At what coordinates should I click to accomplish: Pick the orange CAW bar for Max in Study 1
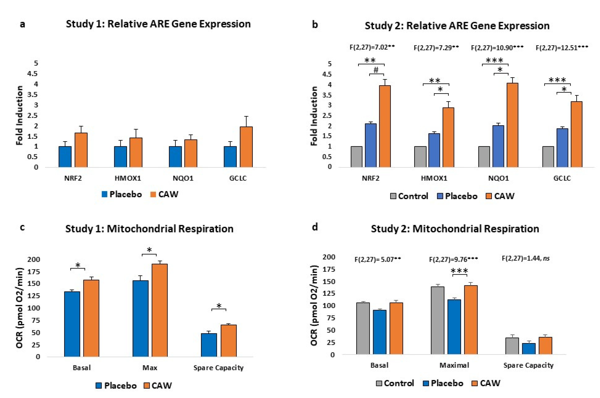tap(160, 310)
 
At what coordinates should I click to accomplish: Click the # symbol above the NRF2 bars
tap(376, 70)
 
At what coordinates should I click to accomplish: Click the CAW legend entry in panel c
tap(158, 386)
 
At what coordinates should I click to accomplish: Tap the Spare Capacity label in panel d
tap(528, 365)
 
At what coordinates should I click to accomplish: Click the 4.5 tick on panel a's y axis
tap(32, 74)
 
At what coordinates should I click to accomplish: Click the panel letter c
tap(22, 227)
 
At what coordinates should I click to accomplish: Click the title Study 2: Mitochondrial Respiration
tap(455, 229)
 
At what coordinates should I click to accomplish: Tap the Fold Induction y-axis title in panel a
tap(20, 116)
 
